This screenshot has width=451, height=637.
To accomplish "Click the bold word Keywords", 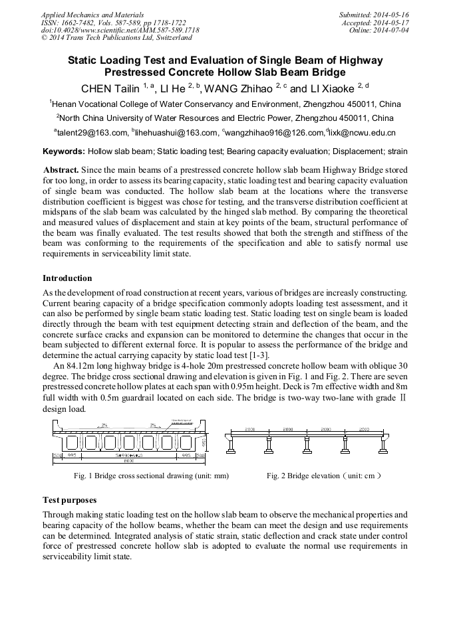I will click(x=63, y=151).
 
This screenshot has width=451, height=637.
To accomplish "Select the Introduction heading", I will click(x=67, y=278).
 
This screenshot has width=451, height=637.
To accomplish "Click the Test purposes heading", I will click(x=70, y=500).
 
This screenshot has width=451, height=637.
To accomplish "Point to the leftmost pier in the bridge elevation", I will click(x=230, y=444).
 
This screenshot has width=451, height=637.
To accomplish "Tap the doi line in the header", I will click(x=120, y=31).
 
